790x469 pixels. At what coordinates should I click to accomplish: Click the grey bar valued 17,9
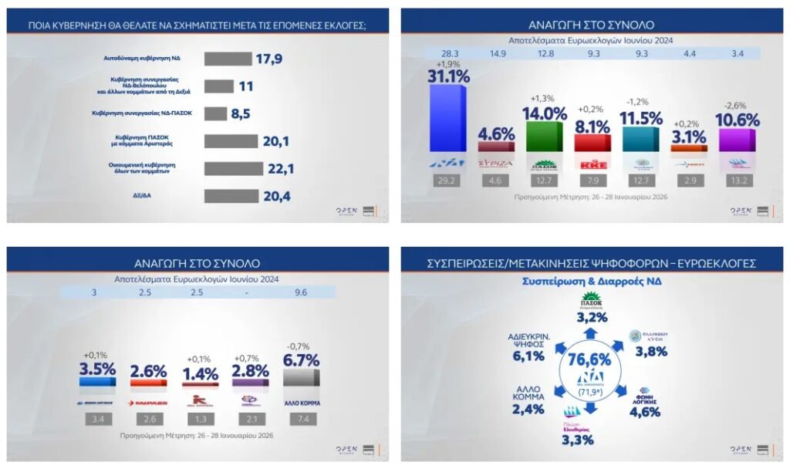coord(228,59)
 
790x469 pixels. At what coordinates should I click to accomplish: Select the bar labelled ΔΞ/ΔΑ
coord(231,196)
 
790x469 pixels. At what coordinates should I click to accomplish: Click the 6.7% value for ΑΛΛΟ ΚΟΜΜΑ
coord(302,360)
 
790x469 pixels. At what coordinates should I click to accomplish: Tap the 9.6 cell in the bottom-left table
coord(302,292)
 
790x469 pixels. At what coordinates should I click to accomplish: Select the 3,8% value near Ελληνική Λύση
coord(651,352)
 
